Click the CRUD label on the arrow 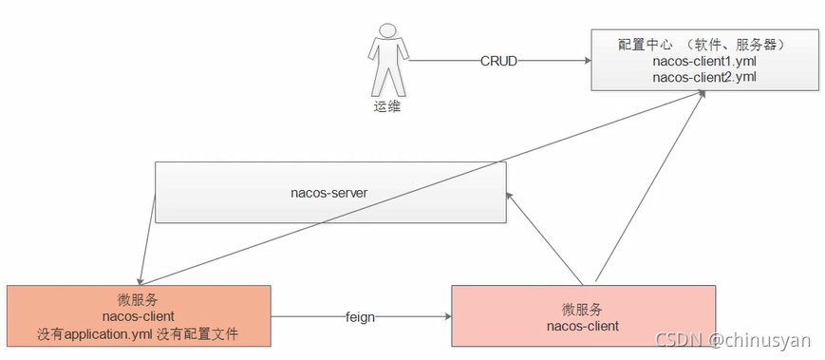pyautogui.click(x=497, y=61)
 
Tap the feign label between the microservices pyautogui.click(x=360, y=317)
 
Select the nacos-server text pyautogui.click(x=328, y=193)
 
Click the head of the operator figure pyautogui.click(x=385, y=32)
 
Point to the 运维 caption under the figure pyautogui.click(x=386, y=106)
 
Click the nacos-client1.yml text pyautogui.click(x=703, y=61)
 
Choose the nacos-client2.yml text pyautogui.click(x=703, y=76)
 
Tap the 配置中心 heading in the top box pyautogui.click(x=645, y=45)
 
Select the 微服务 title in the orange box pyautogui.click(x=139, y=299)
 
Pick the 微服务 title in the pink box pyautogui.click(x=582, y=310)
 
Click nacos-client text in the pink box pyautogui.click(x=582, y=326)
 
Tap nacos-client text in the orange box pyautogui.click(x=139, y=316)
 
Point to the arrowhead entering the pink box pyautogui.click(x=446, y=317)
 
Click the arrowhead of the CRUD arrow pyautogui.click(x=586, y=61)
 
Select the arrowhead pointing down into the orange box pyautogui.click(x=140, y=280)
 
